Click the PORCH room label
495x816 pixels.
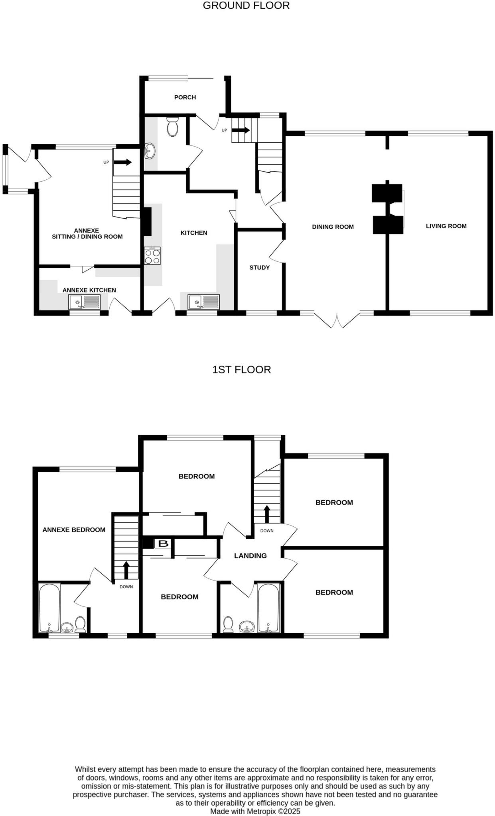[x=185, y=97]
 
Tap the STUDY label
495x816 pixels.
[x=259, y=267]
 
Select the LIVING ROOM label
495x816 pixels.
[x=446, y=226]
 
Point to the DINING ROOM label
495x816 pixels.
[x=333, y=227]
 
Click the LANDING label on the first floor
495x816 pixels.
[x=250, y=555]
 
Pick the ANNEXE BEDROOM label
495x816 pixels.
[x=74, y=530]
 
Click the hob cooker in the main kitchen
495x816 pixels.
[x=152, y=256]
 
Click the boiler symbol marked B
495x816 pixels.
[x=164, y=543]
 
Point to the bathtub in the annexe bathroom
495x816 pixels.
[x=49, y=608]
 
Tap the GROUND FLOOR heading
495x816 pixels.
[x=246, y=6]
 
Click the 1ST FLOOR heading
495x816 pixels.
[x=241, y=370]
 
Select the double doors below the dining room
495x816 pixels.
[x=337, y=320]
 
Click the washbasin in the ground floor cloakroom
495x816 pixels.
[x=150, y=151]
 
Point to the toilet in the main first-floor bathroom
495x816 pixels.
[x=228, y=624]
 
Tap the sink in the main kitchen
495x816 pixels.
[x=204, y=302]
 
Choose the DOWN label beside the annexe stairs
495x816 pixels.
[x=126, y=586]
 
